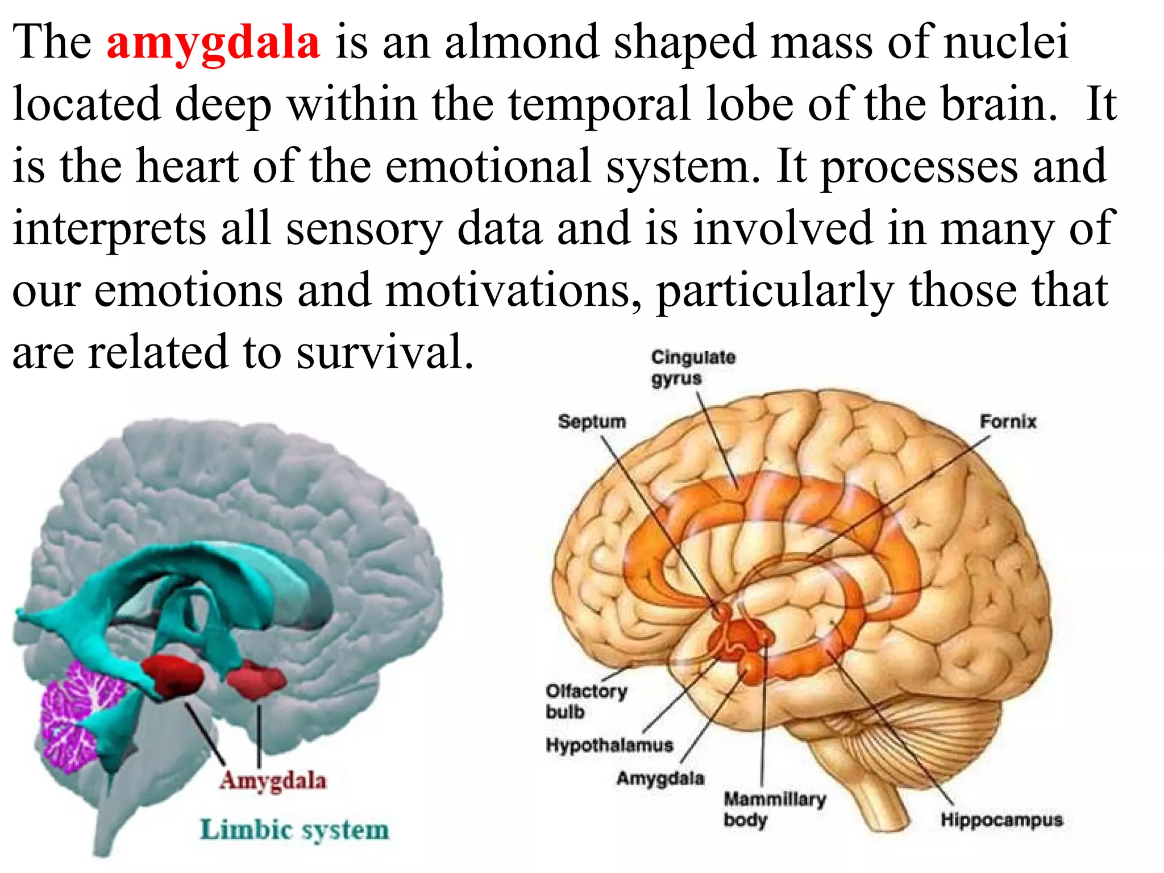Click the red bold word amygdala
[213, 43]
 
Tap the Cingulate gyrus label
[692, 368]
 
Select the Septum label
[592, 422]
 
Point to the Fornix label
[1008, 422]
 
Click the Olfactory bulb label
[586, 701]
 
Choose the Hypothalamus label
[609, 745]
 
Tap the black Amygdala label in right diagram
[660, 778]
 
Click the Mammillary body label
[774, 809]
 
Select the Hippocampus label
[1001, 820]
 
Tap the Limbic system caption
[294, 830]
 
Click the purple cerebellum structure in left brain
[80, 716]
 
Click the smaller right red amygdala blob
[256, 679]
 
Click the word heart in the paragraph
[187, 167]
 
